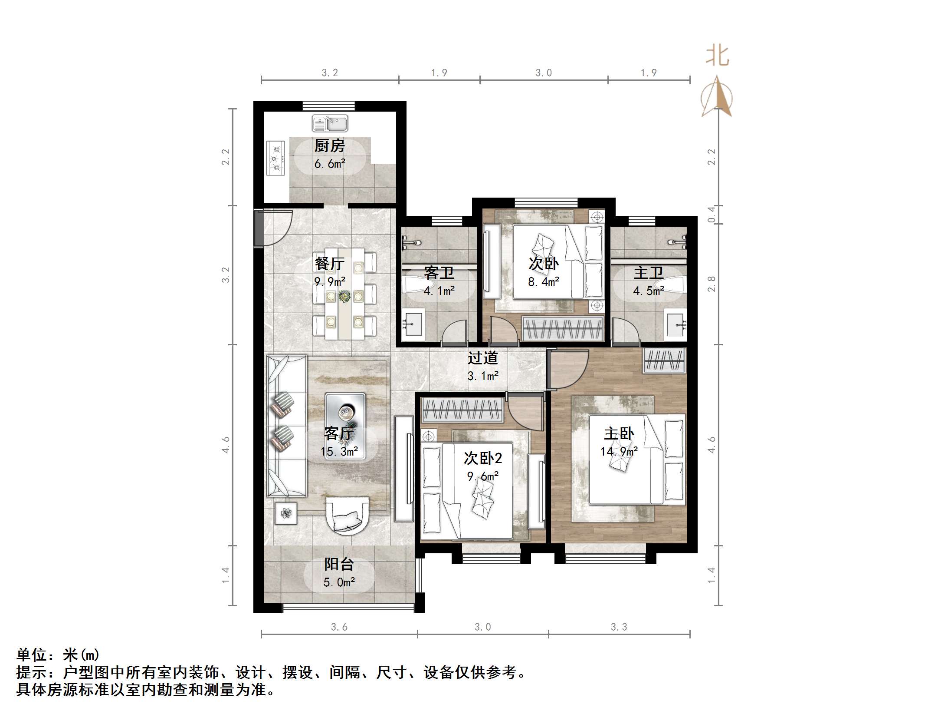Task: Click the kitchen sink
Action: click(330, 123)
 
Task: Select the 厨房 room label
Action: click(329, 146)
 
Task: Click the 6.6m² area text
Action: click(330, 164)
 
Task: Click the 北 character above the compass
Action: click(717, 56)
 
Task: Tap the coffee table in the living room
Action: click(345, 426)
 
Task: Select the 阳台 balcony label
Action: click(339, 564)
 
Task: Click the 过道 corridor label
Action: click(482, 358)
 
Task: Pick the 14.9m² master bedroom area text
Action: click(619, 452)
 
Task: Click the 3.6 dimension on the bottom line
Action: click(339, 627)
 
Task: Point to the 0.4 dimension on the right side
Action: click(712, 214)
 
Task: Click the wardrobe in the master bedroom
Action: click(664, 360)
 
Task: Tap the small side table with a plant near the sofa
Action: click(285, 513)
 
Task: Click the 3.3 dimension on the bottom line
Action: click(619, 627)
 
